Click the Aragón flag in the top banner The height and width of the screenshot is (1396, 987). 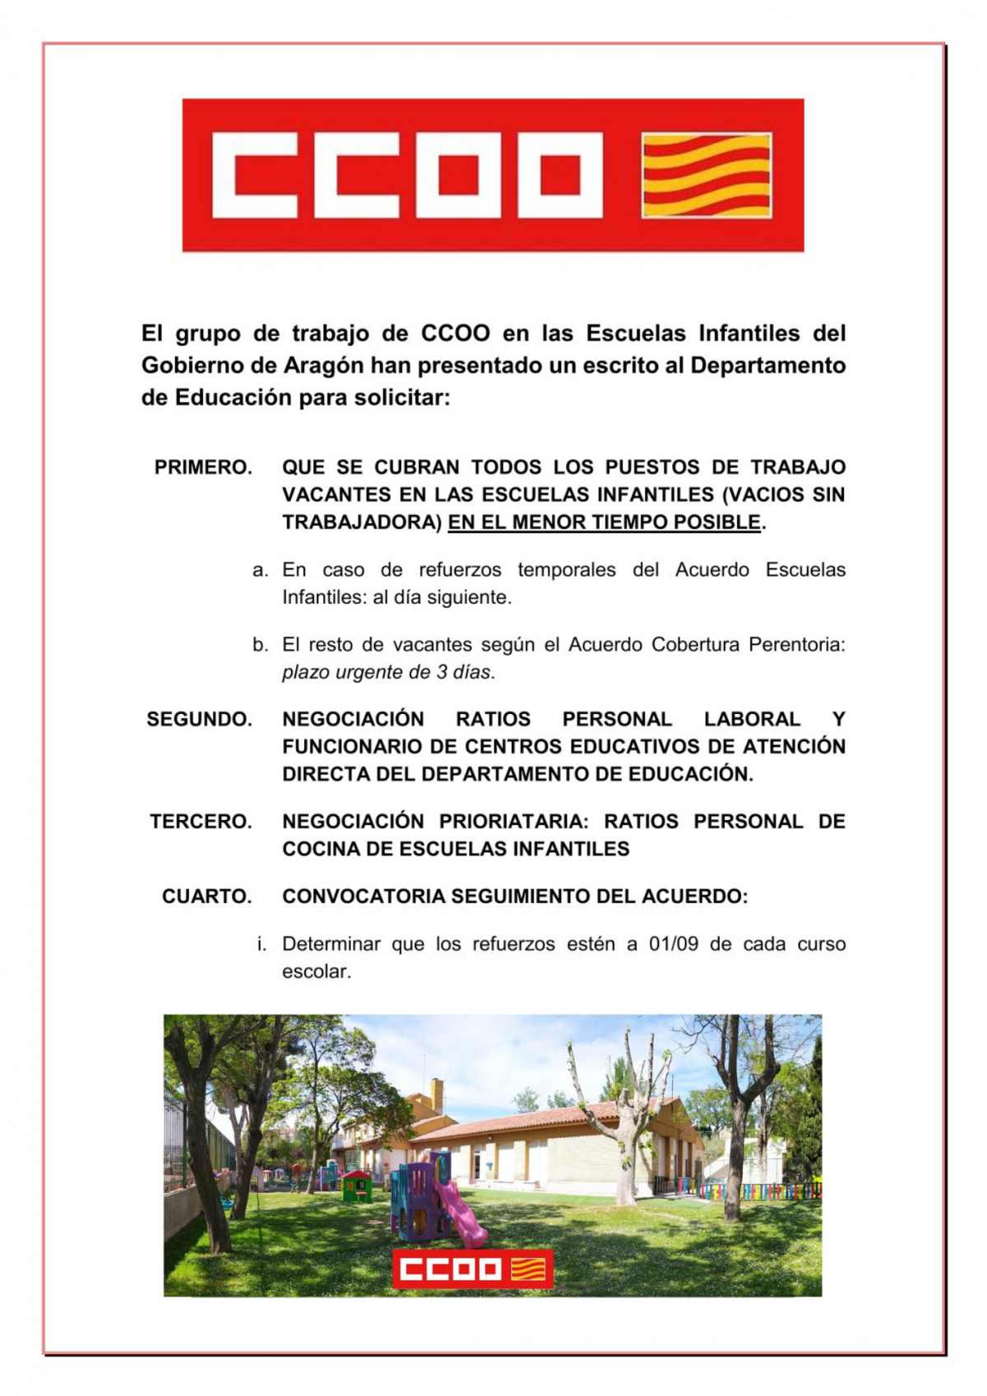(707, 175)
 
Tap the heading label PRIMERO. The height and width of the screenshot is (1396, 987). (202, 467)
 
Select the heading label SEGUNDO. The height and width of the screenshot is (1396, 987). (199, 719)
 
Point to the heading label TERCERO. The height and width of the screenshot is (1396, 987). (201, 821)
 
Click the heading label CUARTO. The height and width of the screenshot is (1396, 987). (206, 896)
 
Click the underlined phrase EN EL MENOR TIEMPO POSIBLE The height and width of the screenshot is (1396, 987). (605, 522)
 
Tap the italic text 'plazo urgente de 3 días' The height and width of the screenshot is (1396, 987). (387, 672)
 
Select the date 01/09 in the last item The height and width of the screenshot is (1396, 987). (673, 944)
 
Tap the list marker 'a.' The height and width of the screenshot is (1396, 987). (260, 570)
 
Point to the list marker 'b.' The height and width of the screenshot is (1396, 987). (260, 645)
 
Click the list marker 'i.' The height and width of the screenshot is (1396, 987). (262, 944)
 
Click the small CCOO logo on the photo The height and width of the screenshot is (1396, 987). (472, 1268)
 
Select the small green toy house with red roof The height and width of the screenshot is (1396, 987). (356, 1185)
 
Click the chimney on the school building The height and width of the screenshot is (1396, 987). (437, 1095)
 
